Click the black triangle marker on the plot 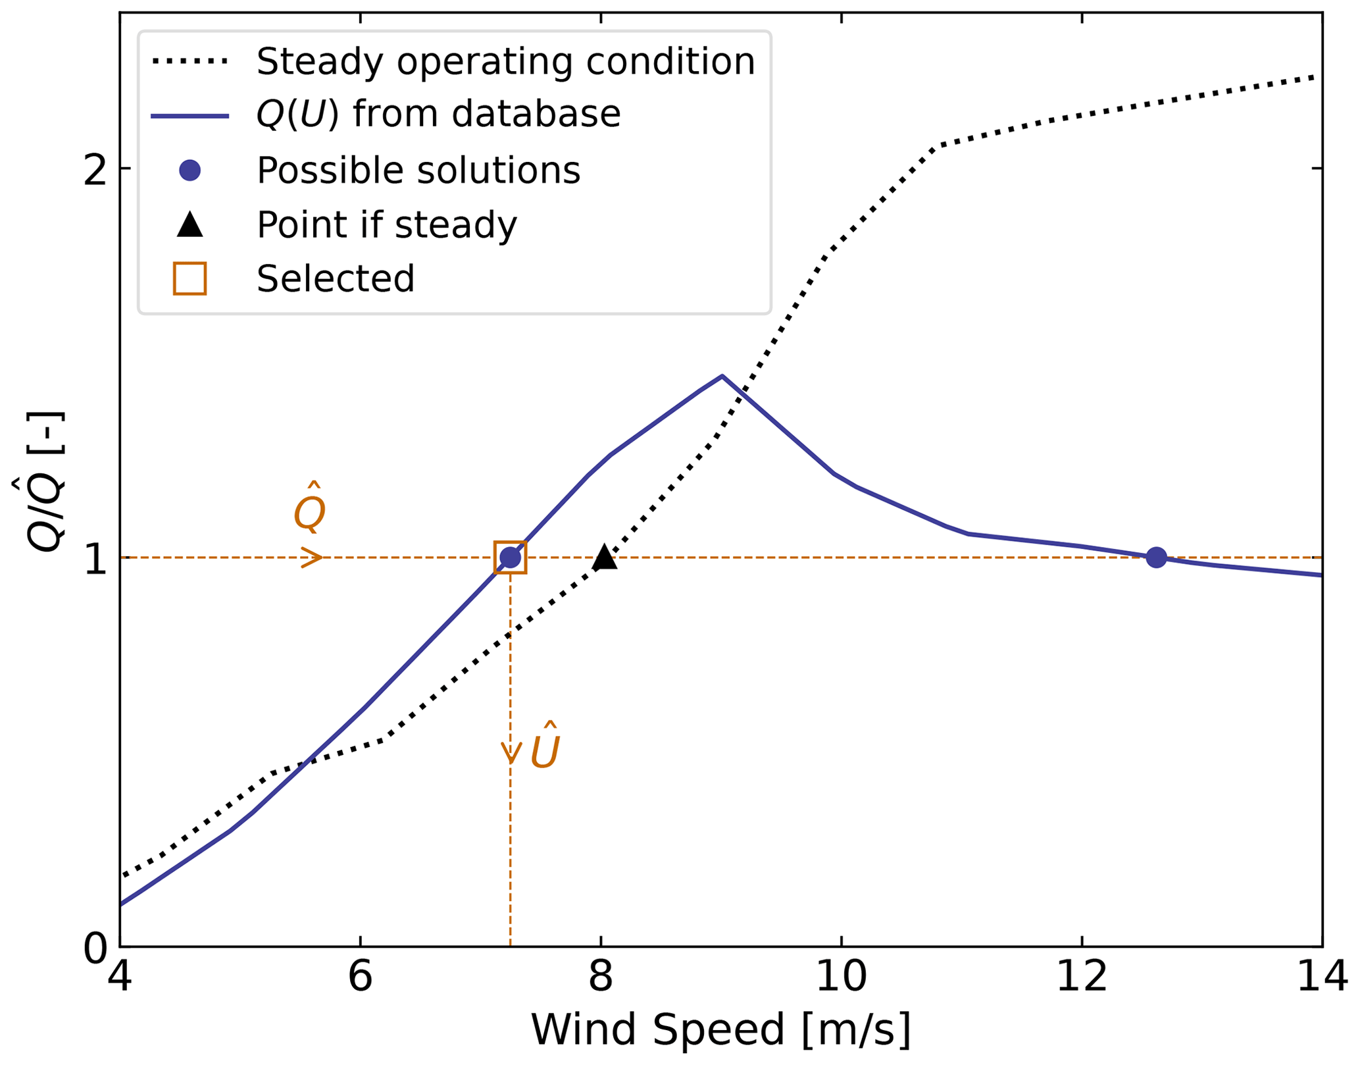[604, 558]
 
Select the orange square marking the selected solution [510, 558]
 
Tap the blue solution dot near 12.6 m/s [1156, 558]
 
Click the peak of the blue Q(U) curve [722, 376]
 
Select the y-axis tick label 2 [95, 169]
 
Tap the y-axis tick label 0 [95, 948]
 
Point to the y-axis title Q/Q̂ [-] [46, 481]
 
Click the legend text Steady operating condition [505, 62]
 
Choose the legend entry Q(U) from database [438, 115]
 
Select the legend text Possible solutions [418, 170]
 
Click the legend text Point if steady [387, 225]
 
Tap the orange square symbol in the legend [189, 278]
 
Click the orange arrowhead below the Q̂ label [313, 558]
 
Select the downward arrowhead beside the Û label [511, 754]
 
